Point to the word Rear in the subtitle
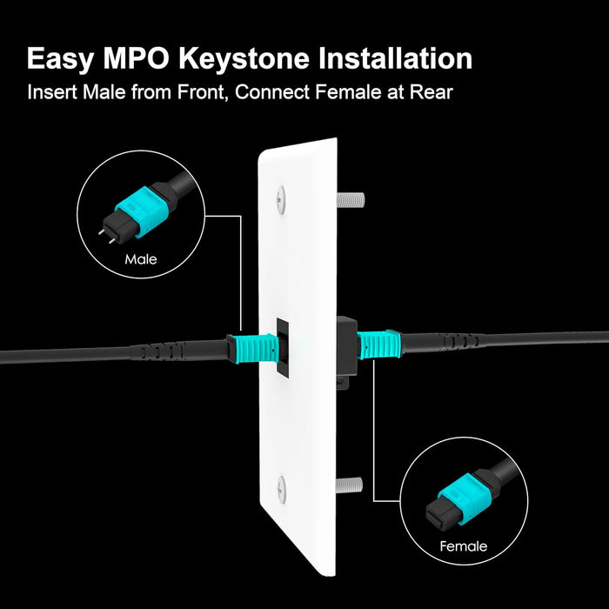(x=432, y=91)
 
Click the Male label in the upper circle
(x=140, y=259)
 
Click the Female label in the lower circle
(x=463, y=546)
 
